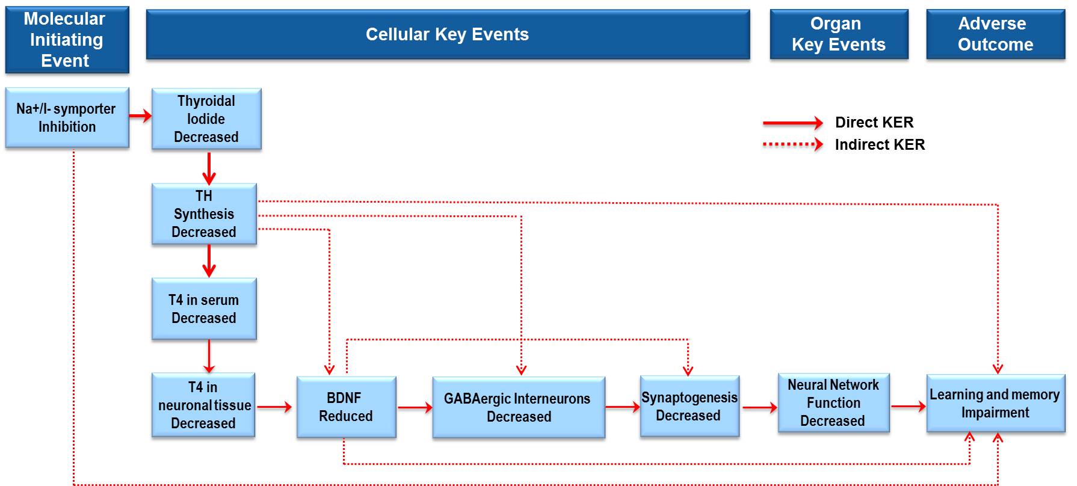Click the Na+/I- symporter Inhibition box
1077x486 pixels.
coord(67,117)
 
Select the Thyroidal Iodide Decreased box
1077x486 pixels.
coord(206,118)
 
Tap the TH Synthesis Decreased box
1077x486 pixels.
coord(204,214)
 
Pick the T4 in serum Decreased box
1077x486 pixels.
coord(204,309)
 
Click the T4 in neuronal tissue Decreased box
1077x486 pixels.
coord(203,405)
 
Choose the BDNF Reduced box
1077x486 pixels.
coord(346,407)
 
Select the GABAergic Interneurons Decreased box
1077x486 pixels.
coord(518,407)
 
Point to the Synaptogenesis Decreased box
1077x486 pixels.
coord(689,406)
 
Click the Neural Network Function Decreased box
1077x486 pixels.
coord(833,402)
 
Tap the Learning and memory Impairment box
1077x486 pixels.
coord(995,403)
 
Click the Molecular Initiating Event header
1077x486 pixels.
coord(67,40)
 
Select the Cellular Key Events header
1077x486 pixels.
coord(448,34)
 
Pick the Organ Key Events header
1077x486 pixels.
coord(839,34)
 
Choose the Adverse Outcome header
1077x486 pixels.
coord(995,34)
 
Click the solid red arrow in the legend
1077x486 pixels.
coord(792,123)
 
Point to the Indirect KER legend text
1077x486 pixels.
coord(880,145)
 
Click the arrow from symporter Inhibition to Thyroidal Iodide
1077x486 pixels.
coord(140,116)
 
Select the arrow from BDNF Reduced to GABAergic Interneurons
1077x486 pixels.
coord(415,408)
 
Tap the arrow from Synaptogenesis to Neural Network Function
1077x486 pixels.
coord(759,408)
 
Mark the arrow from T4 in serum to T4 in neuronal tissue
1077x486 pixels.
coord(209,356)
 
